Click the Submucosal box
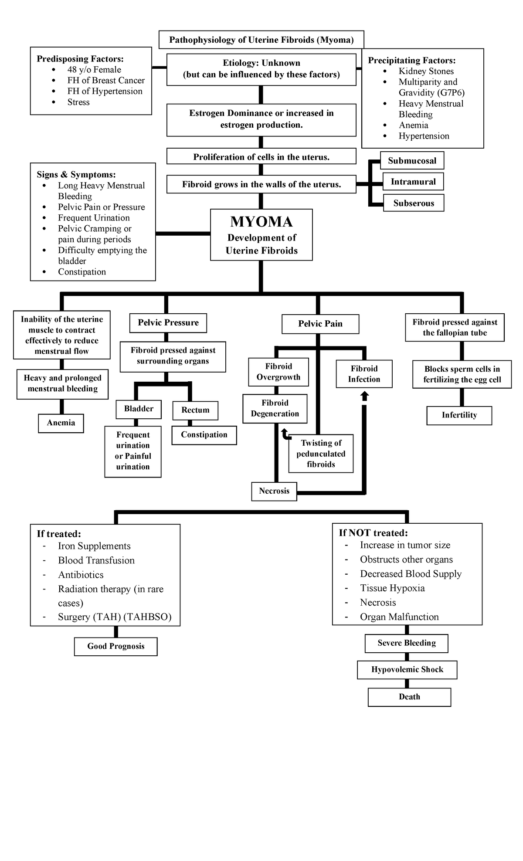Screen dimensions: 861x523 pos(412,161)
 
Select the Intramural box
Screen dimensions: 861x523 pos(413,182)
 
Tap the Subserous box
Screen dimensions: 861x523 pos(414,203)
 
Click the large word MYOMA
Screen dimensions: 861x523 pos(261,222)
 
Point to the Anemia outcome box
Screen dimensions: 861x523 pos(61,423)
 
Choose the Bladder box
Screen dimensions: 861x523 pos(139,409)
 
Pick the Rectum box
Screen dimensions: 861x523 pos(195,410)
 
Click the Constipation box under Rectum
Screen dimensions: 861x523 pos(204,435)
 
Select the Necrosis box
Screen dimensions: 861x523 pos(274,491)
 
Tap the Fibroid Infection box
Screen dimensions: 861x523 pos(364,374)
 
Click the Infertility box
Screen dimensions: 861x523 pos(459,415)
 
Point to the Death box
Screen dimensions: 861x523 pos(409,697)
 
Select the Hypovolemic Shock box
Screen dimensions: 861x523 pos(407,670)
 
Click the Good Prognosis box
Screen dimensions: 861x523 pos(115,646)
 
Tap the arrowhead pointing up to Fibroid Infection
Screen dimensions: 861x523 pos(365,396)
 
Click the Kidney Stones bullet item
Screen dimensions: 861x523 pos(426,71)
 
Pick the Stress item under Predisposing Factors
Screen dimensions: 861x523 pos(78,102)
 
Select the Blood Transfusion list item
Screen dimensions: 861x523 pos(96,560)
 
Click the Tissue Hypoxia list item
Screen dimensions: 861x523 pos(392,588)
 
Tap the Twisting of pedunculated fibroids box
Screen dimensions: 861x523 pos(321,454)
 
